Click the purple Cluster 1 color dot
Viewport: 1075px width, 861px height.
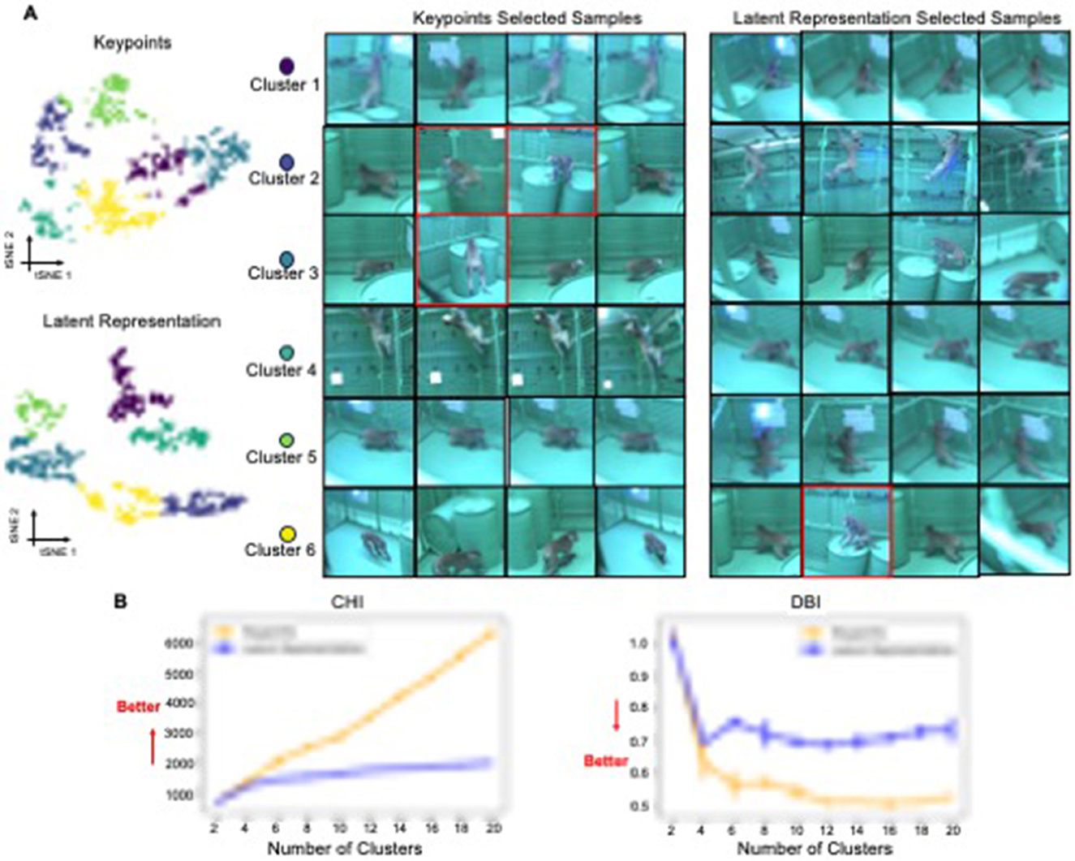286,67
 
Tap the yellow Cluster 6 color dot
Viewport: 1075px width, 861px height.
286,534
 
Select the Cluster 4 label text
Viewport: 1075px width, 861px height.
281,370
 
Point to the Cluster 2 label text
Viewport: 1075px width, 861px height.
283,178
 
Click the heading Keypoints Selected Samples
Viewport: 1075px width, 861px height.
527,18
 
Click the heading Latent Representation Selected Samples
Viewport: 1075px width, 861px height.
896,18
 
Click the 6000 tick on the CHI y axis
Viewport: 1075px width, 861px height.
180,643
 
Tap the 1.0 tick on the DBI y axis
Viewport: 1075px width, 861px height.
640,643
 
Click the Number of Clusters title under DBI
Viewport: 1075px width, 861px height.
814,848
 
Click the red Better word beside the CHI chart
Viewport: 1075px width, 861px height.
138,707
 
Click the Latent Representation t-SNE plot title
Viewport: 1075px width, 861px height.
131,321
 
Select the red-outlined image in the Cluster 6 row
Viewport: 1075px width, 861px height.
846,532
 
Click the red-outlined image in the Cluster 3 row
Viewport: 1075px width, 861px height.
461,260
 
